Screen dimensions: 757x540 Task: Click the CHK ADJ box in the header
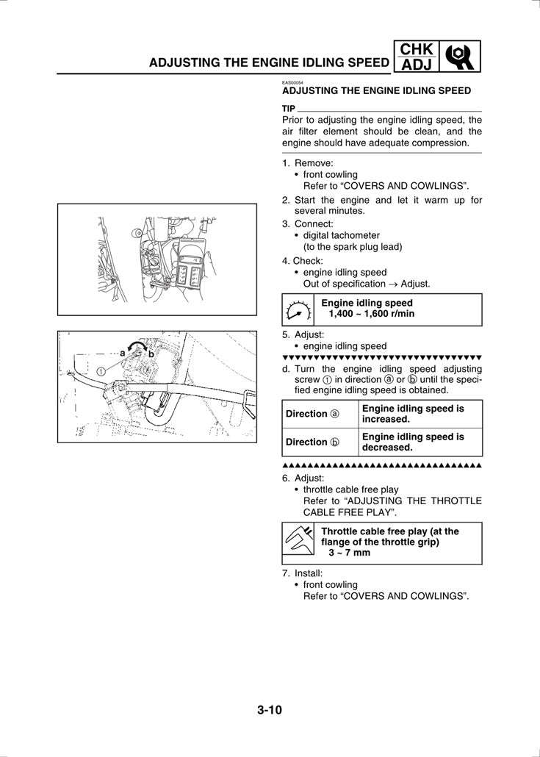(417, 57)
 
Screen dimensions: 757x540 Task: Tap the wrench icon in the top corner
(461, 57)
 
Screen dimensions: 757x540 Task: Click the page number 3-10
(270, 710)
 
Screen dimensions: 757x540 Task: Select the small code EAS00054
(293, 83)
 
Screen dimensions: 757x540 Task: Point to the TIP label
(289, 108)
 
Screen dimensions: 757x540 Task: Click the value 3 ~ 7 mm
(349, 553)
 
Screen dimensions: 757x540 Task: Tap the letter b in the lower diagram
(151, 354)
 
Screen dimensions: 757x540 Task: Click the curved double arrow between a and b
(135, 348)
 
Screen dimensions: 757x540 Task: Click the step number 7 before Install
(285, 573)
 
